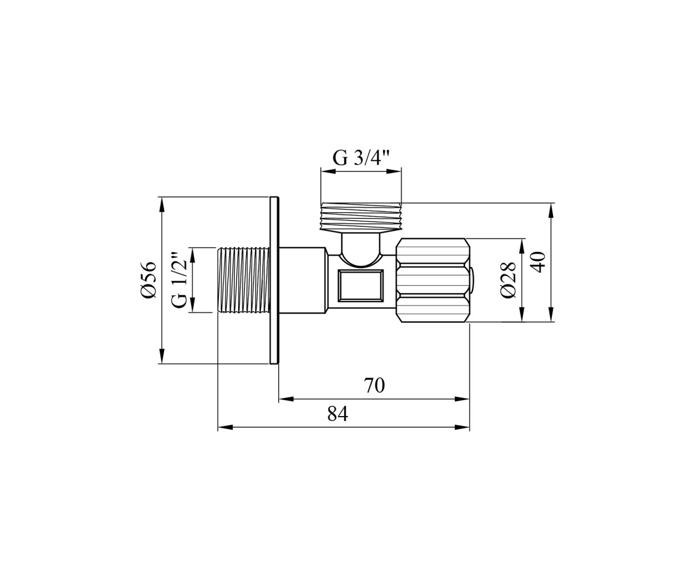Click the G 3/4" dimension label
point(361,158)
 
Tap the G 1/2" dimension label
point(179,280)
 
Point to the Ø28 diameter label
point(508,280)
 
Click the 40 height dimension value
point(538,262)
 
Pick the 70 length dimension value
point(374,385)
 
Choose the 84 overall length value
point(337,414)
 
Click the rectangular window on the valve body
point(360,286)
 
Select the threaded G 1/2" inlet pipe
point(244,280)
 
